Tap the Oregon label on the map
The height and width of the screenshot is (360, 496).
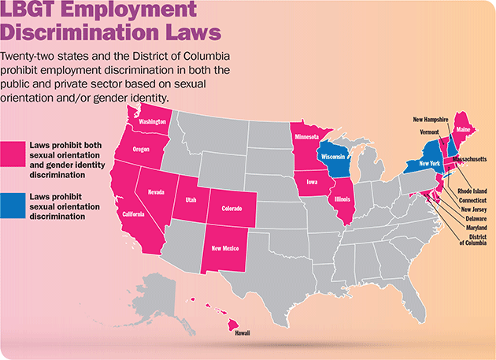coord(142,150)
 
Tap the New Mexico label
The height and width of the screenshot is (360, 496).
coord(228,248)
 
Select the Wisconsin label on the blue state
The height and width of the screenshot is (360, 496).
coord(337,157)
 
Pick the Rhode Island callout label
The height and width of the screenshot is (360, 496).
coord(470,190)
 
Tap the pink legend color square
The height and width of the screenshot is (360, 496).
coord(13,154)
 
